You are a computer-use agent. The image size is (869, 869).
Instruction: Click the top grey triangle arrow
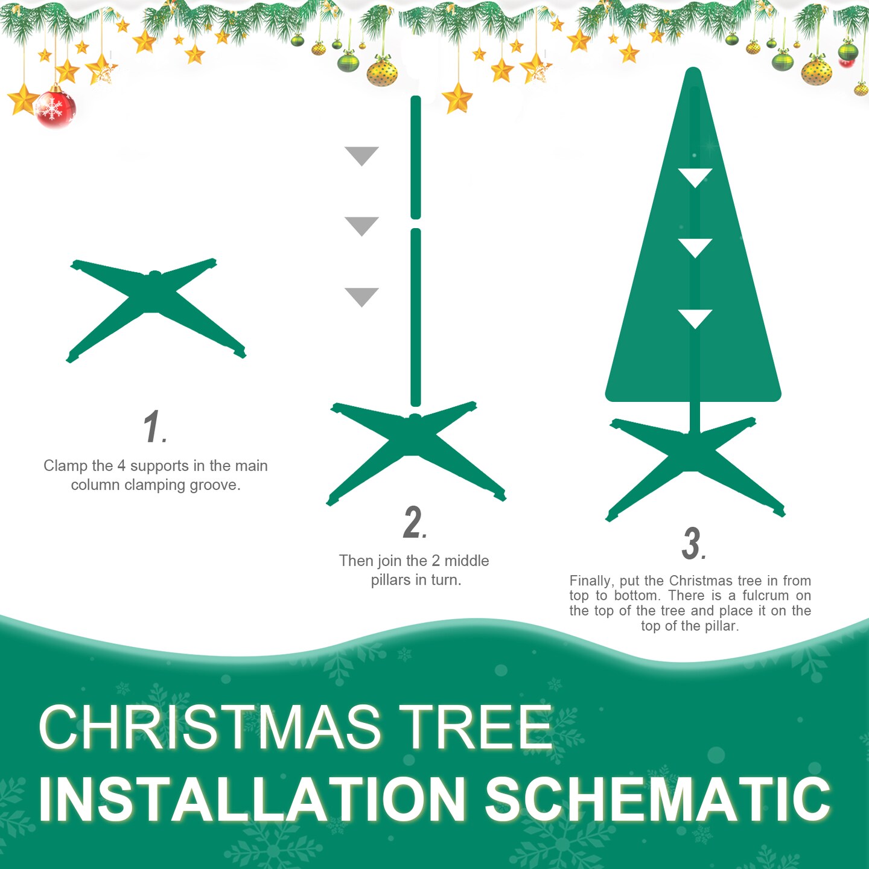(361, 154)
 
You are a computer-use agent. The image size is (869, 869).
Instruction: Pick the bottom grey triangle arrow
(361, 296)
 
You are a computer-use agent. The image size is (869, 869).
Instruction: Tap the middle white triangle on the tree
(695, 247)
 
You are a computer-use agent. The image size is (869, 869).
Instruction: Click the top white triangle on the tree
(695, 176)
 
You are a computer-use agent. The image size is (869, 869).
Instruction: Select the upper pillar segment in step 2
(415, 157)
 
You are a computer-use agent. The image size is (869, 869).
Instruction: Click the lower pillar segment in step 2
(415, 317)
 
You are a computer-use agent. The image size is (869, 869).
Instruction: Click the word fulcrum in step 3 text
(765, 596)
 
